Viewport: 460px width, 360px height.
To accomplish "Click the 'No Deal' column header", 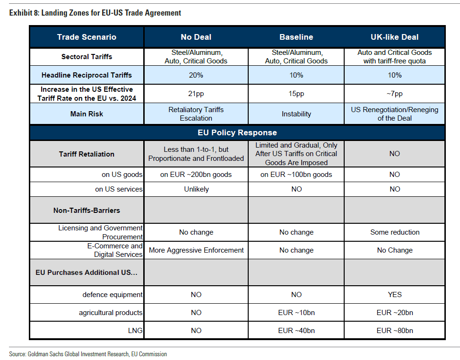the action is [x=196, y=37].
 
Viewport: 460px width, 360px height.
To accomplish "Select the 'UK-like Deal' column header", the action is [x=395, y=37].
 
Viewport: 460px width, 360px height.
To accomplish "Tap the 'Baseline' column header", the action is [x=296, y=37].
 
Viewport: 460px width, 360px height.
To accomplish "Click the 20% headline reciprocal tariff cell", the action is [x=196, y=75].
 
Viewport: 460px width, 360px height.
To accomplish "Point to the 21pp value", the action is [x=196, y=94].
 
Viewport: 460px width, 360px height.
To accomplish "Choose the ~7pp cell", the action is [x=395, y=94].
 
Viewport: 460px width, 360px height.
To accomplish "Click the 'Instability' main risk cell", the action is [x=296, y=114].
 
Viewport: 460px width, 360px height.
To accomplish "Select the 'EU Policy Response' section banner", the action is [x=237, y=133].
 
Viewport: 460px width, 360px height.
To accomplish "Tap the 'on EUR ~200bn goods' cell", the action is [x=196, y=175].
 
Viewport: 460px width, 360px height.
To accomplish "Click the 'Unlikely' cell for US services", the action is [x=196, y=189].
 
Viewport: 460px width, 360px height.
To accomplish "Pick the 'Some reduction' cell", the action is [x=395, y=232].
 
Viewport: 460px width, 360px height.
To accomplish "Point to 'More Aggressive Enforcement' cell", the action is [x=196, y=250].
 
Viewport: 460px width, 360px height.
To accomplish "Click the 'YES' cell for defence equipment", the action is [x=395, y=295].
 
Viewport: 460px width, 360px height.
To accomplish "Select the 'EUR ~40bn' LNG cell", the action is [x=296, y=331].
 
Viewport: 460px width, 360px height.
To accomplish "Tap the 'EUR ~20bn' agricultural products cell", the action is [x=395, y=313].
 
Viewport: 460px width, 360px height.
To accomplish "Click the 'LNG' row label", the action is [x=135, y=331].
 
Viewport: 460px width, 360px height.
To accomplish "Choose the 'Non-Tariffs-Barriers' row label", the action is [x=87, y=211].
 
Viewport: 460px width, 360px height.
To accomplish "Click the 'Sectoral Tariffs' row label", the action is [x=87, y=57].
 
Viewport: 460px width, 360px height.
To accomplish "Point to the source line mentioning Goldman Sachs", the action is [x=88, y=354].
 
